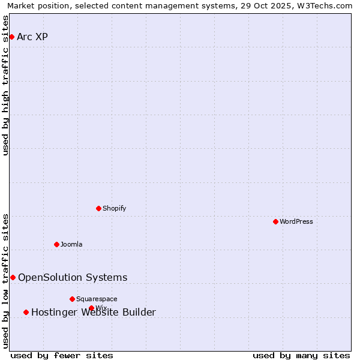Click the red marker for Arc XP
[11, 37]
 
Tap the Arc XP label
[32, 37]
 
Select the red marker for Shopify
[98, 209]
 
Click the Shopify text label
[114, 209]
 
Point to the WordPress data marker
[275, 222]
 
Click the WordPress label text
[296, 222]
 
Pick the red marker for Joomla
[56, 245]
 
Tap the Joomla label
[71, 245]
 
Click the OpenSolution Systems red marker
[13, 278]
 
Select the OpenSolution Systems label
[73, 278]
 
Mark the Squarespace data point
[72, 299]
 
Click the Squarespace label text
[97, 299]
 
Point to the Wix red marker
[91, 308]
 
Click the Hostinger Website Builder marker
[26, 313]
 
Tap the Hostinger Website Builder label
[93, 313]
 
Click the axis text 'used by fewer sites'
[62, 356]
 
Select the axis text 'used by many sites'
[301, 356]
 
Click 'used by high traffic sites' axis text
[6, 86]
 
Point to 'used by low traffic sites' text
[6, 281]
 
